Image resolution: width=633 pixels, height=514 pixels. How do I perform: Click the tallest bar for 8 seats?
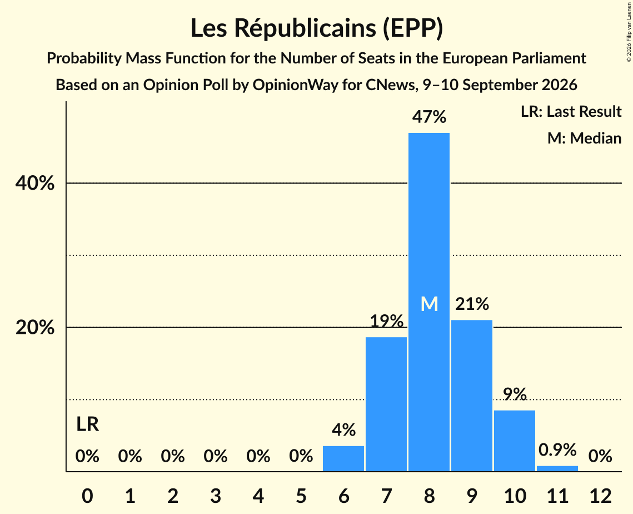(428, 302)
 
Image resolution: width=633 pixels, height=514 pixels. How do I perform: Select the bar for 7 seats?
(386, 404)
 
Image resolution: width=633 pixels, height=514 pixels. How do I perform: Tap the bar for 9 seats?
(471, 396)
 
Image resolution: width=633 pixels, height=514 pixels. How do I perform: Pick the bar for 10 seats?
(514, 441)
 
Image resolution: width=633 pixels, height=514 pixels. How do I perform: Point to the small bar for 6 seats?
(343, 458)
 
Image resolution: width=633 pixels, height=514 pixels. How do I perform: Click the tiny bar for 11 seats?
(557, 469)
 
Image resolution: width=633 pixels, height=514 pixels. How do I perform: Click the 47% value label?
(429, 117)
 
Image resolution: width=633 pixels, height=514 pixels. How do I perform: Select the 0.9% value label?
(557, 449)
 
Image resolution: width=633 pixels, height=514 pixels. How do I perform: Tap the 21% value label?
(472, 304)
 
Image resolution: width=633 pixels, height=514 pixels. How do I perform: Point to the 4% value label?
(343, 430)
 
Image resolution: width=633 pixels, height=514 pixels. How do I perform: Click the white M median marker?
(429, 304)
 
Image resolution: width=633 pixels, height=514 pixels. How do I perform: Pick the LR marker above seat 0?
(88, 424)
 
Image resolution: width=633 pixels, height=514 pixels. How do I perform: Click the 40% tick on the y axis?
(34, 183)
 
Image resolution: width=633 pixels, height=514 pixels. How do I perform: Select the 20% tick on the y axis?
(34, 327)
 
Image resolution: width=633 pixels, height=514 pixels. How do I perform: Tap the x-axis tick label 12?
(600, 496)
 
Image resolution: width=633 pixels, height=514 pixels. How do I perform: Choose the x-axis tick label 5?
(301, 496)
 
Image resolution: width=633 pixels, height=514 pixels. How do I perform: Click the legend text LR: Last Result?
(571, 111)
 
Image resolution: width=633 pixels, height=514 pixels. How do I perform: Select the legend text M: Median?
(584, 138)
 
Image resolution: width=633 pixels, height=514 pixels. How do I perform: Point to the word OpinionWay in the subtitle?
(296, 85)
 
